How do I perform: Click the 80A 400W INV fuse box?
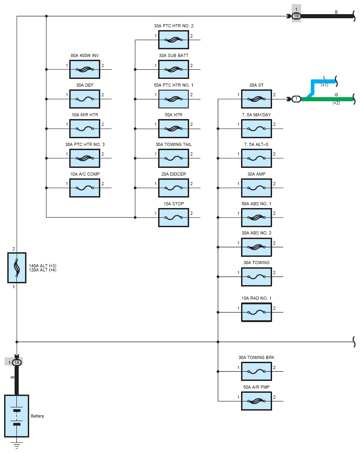click(85, 69)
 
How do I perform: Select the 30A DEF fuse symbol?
click(85, 99)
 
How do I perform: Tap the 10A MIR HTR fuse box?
click(85, 129)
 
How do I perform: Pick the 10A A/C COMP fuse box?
click(85, 188)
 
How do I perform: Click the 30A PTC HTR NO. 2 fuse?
click(173, 40)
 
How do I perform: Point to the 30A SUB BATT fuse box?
click(173, 69)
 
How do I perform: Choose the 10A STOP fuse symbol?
click(173, 218)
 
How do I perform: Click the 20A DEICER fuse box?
click(173, 188)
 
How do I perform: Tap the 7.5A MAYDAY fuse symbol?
click(256, 129)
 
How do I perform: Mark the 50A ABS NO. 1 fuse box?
click(256, 218)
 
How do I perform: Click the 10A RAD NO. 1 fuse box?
click(256, 312)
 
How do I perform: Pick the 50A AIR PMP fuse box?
click(256, 401)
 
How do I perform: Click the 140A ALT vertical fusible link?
click(17, 267)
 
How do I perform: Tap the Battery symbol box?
click(17, 416)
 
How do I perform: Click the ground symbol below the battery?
click(17, 445)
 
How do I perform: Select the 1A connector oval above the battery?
click(17, 362)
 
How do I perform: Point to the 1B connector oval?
click(296, 16)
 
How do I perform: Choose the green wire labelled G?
click(328, 99)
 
